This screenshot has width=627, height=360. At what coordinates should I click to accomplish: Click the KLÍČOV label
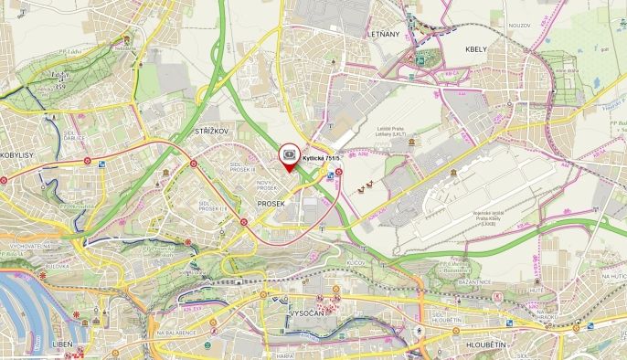click(356, 262)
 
